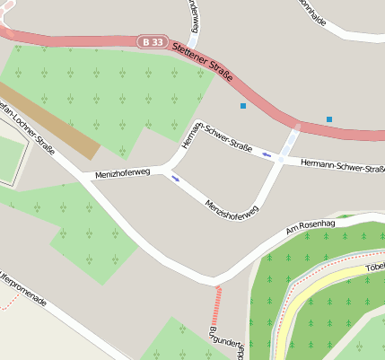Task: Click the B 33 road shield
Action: point(153,42)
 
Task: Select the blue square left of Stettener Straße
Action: point(242,107)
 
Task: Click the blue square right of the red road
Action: point(329,119)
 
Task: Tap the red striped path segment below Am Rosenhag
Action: point(216,305)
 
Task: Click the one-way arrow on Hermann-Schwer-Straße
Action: point(267,154)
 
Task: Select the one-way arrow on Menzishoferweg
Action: point(175,178)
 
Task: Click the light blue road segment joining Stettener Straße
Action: point(290,141)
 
